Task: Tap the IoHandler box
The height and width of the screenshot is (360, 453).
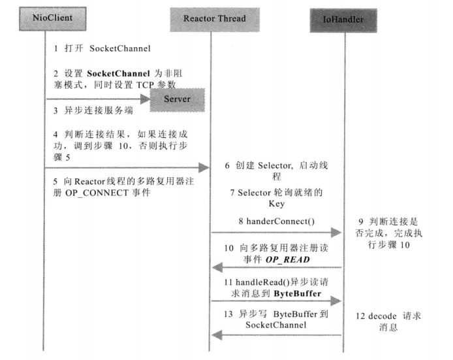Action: click(x=343, y=20)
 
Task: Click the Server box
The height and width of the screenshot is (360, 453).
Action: click(x=178, y=99)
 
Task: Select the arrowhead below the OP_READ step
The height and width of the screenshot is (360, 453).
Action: click(x=217, y=267)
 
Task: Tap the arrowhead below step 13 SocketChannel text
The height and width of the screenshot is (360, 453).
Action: click(x=217, y=335)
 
